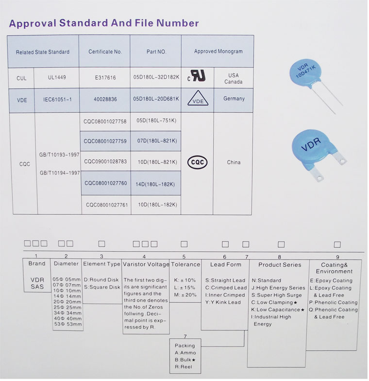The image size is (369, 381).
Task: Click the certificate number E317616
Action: (x=105, y=78)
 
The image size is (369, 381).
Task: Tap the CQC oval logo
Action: (x=197, y=162)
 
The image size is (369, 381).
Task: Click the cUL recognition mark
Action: (x=196, y=76)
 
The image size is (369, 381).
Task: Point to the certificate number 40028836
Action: (x=105, y=99)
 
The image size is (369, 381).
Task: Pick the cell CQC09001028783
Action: (x=105, y=161)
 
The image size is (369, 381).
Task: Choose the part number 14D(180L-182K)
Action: (x=155, y=184)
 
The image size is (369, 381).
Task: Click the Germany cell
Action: (x=234, y=98)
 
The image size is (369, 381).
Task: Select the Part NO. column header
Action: (x=156, y=52)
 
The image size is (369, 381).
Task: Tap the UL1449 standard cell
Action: (x=57, y=77)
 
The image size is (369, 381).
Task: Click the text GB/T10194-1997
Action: (x=60, y=173)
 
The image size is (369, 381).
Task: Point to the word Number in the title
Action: (x=178, y=23)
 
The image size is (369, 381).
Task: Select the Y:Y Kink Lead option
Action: (x=223, y=302)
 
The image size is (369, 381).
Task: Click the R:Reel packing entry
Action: (x=184, y=367)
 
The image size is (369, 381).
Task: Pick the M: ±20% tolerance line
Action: (x=185, y=294)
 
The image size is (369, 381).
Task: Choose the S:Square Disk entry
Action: (x=102, y=287)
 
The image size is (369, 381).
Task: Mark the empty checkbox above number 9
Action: (x=337, y=244)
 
